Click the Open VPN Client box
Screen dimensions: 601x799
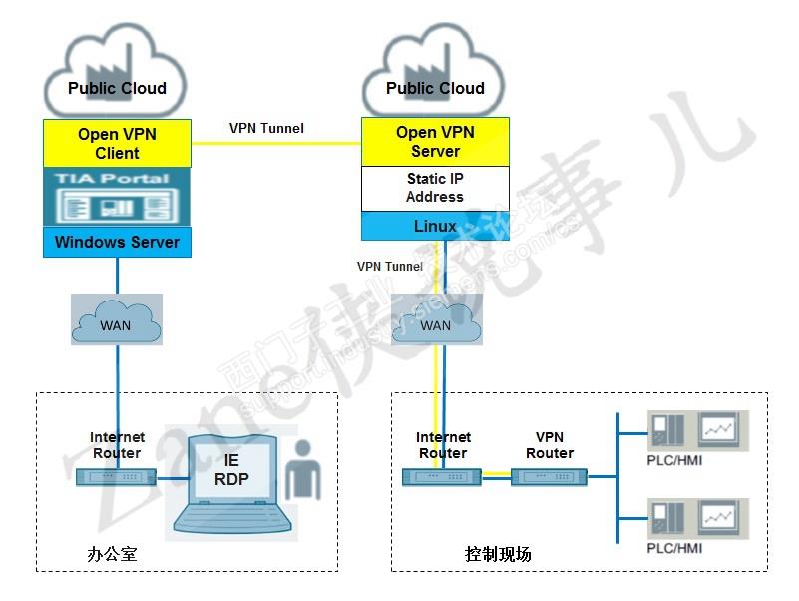[117, 143]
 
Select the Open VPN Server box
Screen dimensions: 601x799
[435, 142]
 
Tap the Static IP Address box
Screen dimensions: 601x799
[435, 188]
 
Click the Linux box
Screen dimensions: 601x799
[435, 226]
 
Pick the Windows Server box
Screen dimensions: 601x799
[117, 242]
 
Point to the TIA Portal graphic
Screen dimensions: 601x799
[117, 197]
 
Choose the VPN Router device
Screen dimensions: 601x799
[549, 476]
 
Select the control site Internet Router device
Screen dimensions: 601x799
[442, 476]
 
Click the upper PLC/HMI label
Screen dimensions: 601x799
[674, 460]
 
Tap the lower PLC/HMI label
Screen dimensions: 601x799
[674, 548]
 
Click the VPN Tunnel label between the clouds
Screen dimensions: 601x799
[266, 128]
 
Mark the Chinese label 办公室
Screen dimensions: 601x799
[112, 553]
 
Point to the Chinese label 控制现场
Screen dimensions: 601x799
[498, 553]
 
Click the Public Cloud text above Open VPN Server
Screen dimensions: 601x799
[435, 88]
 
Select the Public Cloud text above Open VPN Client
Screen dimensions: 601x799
[117, 88]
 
